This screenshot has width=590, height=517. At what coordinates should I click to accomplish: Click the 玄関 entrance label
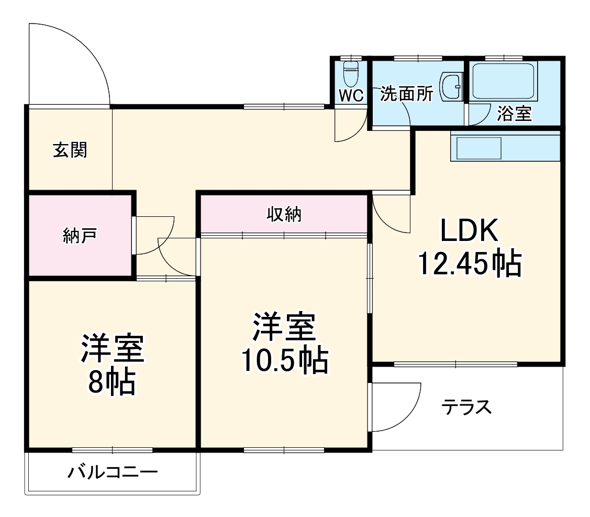70,150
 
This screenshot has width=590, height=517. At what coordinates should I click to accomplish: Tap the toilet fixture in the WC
350,73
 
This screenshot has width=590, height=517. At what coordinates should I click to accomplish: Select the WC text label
351,96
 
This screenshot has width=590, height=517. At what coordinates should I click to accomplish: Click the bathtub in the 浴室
503,81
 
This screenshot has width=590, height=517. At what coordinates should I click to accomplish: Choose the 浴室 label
514,114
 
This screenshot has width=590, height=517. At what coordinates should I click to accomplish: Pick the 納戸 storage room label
79,236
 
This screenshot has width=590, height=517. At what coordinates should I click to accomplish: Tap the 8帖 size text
112,383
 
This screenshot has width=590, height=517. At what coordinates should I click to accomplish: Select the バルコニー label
112,473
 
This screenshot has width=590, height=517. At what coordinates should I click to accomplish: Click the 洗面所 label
406,94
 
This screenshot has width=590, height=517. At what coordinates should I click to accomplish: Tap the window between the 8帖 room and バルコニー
112,450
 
